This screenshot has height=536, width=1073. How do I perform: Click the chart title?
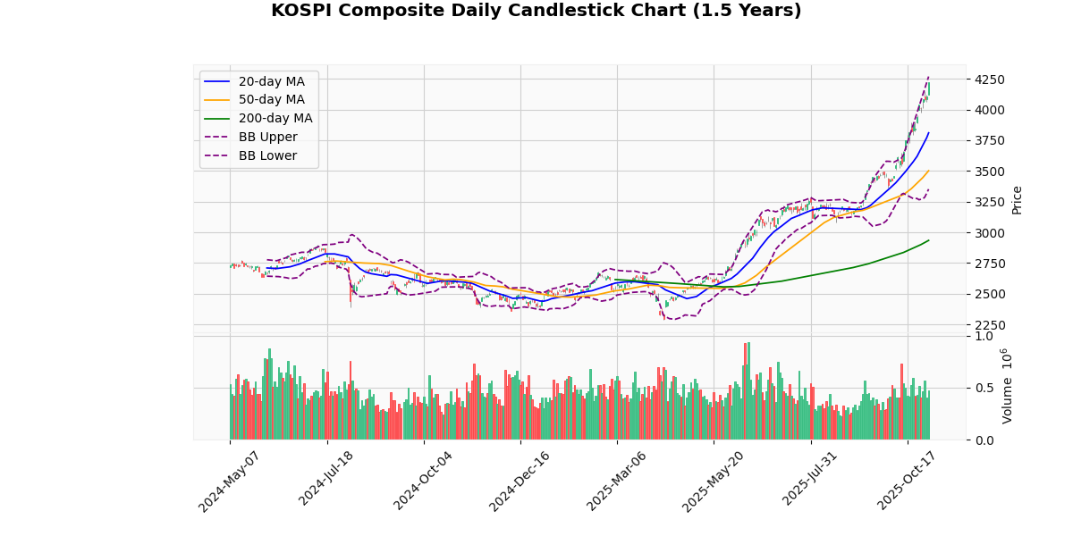536,11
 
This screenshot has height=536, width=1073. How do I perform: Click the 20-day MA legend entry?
271,81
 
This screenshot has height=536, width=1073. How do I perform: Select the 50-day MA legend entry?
271,100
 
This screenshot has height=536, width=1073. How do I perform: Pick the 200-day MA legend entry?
275,119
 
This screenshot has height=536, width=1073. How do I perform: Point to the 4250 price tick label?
990,80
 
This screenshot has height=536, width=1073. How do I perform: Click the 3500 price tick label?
990,172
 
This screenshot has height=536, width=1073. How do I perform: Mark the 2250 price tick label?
990,325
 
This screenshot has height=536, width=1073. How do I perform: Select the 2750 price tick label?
990,264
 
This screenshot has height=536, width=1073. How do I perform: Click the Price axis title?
1017,200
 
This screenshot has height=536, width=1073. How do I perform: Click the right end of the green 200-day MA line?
929,239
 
